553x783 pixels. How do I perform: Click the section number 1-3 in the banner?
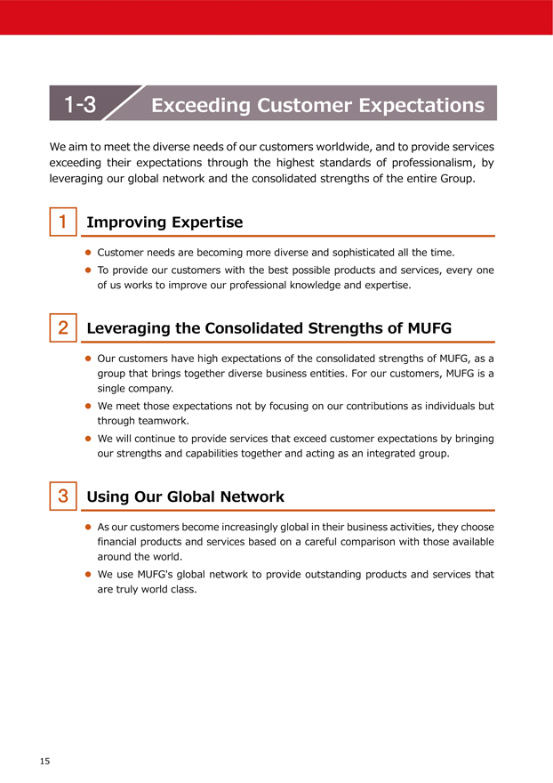pyautogui.click(x=80, y=105)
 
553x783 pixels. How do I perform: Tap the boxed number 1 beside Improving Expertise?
pyautogui.click(x=63, y=222)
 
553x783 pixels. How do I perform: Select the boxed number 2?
pyautogui.click(x=63, y=327)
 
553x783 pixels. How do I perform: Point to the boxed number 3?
pyautogui.click(x=63, y=496)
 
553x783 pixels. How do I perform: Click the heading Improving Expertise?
pyautogui.click(x=164, y=222)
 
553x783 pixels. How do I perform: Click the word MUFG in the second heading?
pyautogui.click(x=429, y=328)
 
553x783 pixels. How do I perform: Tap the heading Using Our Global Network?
pyautogui.click(x=185, y=496)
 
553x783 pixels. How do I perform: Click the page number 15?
pyautogui.click(x=44, y=761)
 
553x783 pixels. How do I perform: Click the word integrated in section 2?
pyautogui.click(x=386, y=454)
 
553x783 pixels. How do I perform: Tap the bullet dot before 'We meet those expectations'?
pyautogui.click(x=88, y=406)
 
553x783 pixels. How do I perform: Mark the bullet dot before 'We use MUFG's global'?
pyautogui.click(x=88, y=575)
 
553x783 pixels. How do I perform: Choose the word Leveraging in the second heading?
pyautogui.click(x=130, y=328)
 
